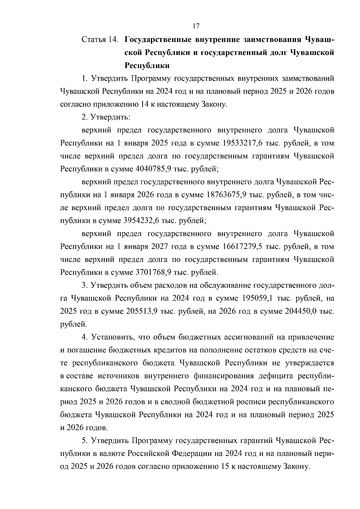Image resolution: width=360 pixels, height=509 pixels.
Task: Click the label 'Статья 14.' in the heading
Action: pyautogui.click(x=100, y=40)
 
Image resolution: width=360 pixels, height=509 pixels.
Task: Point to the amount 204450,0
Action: pyautogui.click(x=301, y=311)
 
